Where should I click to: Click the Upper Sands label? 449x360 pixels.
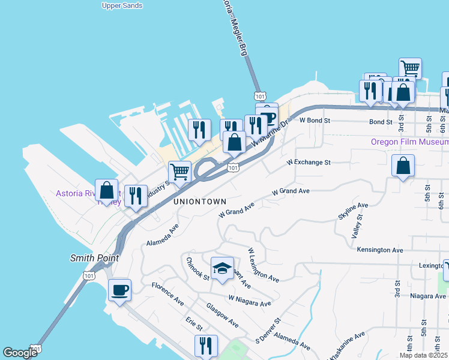pyautogui.click(x=122, y=5)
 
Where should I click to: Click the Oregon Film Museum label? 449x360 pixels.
pyautogui.click(x=409, y=142)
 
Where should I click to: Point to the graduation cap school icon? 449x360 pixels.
pyautogui.click(x=221, y=268)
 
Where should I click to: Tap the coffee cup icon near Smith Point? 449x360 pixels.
pyautogui.click(x=119, y=290)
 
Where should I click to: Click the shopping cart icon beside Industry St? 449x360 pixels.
pyautogui.click(x=179, y=172)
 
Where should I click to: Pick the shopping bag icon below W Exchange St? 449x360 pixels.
pyautogui.click(x=403, y=166)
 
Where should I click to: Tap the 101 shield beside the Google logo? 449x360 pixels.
pyautogui.click(x=37, y=349)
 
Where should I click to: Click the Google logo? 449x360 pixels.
pyautogui.click(x=20, y=353)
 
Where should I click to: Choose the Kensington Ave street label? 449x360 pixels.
pyautogui.click(x=380, y=250)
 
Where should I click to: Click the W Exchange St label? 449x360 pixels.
pyautogui.click(x=309, y=163)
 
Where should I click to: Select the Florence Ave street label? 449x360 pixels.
pyautogui.click(x=167, y=291)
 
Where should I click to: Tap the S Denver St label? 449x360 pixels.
pyautogui.click(x=268, y=330)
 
